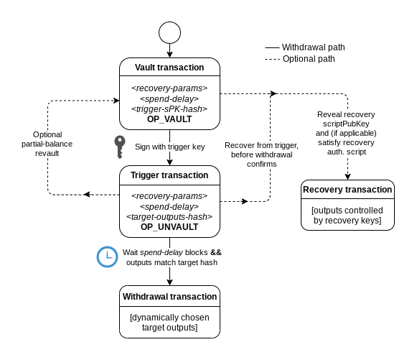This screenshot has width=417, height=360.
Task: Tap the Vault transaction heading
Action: pos(169,68)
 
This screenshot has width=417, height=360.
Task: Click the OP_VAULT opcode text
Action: pos(169,119)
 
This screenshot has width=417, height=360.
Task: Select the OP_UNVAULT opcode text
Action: pos(169,227)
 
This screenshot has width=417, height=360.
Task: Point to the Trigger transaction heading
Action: pos(169,175)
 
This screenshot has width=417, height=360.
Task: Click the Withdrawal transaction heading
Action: pos(169,297)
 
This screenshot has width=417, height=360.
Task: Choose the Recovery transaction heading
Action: pos(347,190)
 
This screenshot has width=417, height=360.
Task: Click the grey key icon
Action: pos(120,147)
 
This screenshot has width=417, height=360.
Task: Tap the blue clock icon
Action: pos(107,257)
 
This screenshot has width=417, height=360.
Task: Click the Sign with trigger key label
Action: pos(169,147)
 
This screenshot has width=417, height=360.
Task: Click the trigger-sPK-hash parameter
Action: pos(169,109)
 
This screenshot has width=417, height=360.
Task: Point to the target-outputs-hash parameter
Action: pos(169,217)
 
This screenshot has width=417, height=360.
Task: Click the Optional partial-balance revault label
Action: pos(47,144)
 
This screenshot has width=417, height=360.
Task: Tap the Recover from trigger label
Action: pos(261,154)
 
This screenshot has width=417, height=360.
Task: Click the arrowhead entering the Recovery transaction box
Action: pos(347,177)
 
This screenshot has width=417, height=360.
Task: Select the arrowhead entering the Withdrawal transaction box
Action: pos(169,282)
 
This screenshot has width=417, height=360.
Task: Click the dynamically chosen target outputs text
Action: pos(169,323)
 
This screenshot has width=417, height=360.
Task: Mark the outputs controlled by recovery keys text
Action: pos(347,216)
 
